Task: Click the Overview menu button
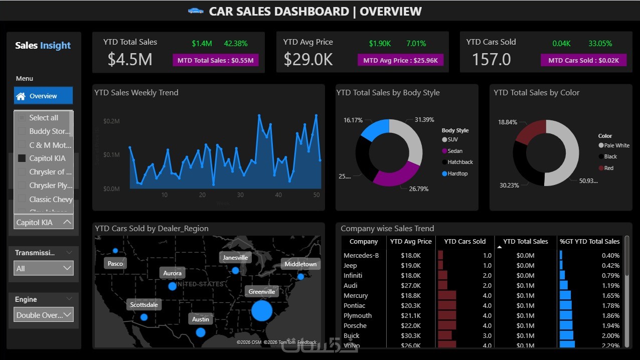pyautogui.click(x=43, y=96)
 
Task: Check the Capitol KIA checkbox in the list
pyautogui.click(x=22, y=158)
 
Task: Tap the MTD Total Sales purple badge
pyautogui.click(x=216, y=60)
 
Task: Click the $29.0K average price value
pyautogui.click(x=308, y=60)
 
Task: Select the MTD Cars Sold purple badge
pyautogui.click(x=583, y=60)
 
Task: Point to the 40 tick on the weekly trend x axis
pyautogui.click(x=278, y=195)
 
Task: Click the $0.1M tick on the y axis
pyautogui.click(x=111, y=155)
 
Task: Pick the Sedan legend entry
pyautogui.click(x=454, y=151)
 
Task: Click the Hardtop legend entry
pyautogui.click(x=457, y=173)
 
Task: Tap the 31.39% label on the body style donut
pyautogui.click(x=424, y=120)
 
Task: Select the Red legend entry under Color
pyautogui.click(x=608, y=168)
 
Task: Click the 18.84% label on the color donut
pyautogui.click(x=508, y=122)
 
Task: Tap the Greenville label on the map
pyautogui.click(x=262, y=291)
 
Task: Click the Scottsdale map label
pyautogui.click(x=144, y=304)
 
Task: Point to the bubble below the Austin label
pyautogui.click(x=201, y=332)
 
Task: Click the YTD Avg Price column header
pyautogui.click(x=411, y=241)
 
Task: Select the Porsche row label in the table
pyautogui.click(x=355, y=325)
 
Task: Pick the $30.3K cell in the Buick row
pyautogui.click(x=411, y=335)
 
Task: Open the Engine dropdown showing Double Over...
pyautogui.click(x=43, y=315)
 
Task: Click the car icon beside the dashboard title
pyautogui.click(x=196, y=11)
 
